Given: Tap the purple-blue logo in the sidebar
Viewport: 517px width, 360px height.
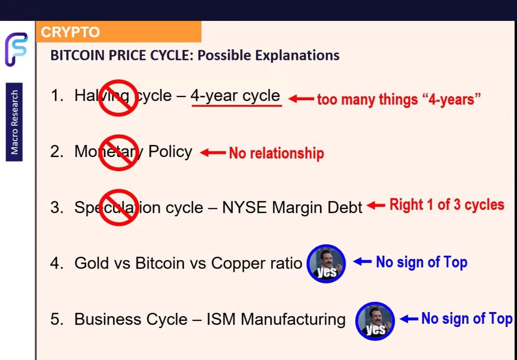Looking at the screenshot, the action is point(16,50).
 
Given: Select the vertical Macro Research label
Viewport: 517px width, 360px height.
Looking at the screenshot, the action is point(14,122).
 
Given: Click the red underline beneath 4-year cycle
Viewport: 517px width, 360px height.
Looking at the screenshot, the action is point(237,106).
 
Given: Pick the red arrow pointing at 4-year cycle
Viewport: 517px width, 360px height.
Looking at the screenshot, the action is point(301,99).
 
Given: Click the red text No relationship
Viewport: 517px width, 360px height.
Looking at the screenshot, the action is point(276,153).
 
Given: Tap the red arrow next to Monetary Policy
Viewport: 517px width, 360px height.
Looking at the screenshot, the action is point(213,153).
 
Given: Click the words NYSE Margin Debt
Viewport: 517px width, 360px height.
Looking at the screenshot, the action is point(292,207).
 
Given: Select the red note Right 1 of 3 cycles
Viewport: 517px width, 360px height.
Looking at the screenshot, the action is point(447,205).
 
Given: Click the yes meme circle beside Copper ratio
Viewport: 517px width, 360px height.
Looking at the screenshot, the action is point(326,264).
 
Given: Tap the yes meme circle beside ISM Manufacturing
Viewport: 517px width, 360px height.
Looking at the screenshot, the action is point(375,321).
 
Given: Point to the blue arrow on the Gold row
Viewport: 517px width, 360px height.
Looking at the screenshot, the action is point(363,262).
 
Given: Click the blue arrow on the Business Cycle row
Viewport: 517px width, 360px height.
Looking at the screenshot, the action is point(409,319).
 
